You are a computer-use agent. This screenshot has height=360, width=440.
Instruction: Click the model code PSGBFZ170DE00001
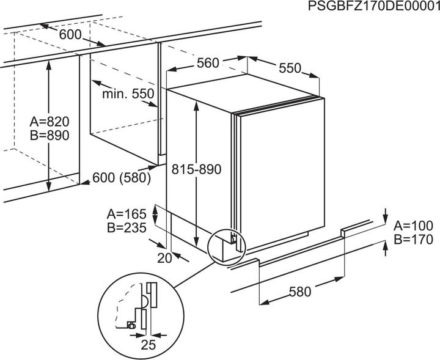coord(374,6)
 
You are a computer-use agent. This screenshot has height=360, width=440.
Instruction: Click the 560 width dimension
coord(208,63)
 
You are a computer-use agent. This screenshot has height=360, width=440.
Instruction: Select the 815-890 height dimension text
coord(196,169)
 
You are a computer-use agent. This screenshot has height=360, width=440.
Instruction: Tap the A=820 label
coord(50,122)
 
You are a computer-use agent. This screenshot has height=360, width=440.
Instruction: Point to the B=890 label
coord(50,135)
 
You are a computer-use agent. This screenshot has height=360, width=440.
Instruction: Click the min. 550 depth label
coord(128,94)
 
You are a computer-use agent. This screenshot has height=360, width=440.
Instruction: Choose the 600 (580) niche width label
coord(122,178)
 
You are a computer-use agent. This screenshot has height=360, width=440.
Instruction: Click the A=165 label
coord(127,215)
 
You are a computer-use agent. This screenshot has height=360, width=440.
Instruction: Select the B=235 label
coord(127,228)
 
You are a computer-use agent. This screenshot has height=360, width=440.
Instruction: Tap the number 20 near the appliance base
coord(164,259)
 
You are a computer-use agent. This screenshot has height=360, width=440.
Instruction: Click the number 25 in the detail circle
coord(148,345)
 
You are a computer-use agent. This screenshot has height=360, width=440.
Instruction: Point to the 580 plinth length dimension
coord(300,292)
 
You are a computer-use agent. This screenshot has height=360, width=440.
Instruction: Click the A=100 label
coord(414,226)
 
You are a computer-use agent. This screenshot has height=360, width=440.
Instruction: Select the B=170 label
coord(414,240)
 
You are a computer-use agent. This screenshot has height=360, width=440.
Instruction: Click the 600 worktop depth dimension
coord(70,35)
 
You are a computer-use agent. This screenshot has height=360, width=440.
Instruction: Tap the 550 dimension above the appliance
coord(290,68)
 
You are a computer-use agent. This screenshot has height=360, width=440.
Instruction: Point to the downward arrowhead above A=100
coord(386,218)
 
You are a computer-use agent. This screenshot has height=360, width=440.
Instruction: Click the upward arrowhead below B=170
coord(386,246)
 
